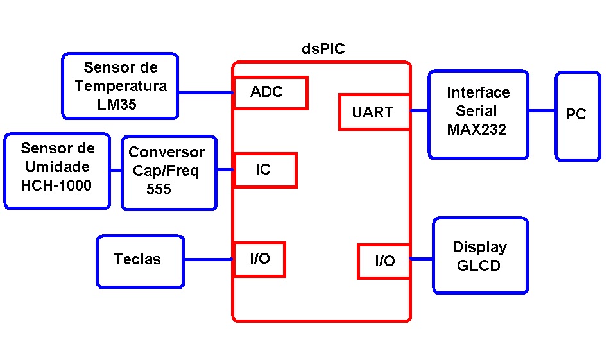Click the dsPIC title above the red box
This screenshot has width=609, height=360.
(323, 49)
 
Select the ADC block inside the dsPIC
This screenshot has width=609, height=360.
(271, 93)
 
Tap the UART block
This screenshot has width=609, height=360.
(374, 112)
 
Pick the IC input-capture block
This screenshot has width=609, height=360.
(266, 170)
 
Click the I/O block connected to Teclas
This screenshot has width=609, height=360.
(260, 259)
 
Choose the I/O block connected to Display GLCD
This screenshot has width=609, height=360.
(384, 261)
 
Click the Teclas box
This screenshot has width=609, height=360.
(140, 261)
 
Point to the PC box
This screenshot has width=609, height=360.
(578, 116)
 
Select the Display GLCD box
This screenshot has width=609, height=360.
(481, 255)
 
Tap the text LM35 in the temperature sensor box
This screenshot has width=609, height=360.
(117, 105)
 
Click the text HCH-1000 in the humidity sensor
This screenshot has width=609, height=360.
(56, 185)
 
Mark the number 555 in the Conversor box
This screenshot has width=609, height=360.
(159, 189)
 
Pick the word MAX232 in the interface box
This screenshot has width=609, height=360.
(477, 130)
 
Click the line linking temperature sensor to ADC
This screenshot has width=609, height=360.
(206, 93)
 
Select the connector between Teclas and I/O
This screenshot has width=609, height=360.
(209, 259)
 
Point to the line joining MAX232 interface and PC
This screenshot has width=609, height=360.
(542, 111)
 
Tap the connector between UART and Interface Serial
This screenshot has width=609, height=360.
(420, 111)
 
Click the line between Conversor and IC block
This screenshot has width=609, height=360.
(225, 169)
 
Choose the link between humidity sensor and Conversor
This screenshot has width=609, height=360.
(116, 170)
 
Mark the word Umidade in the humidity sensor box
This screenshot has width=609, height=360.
(58, 167)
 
